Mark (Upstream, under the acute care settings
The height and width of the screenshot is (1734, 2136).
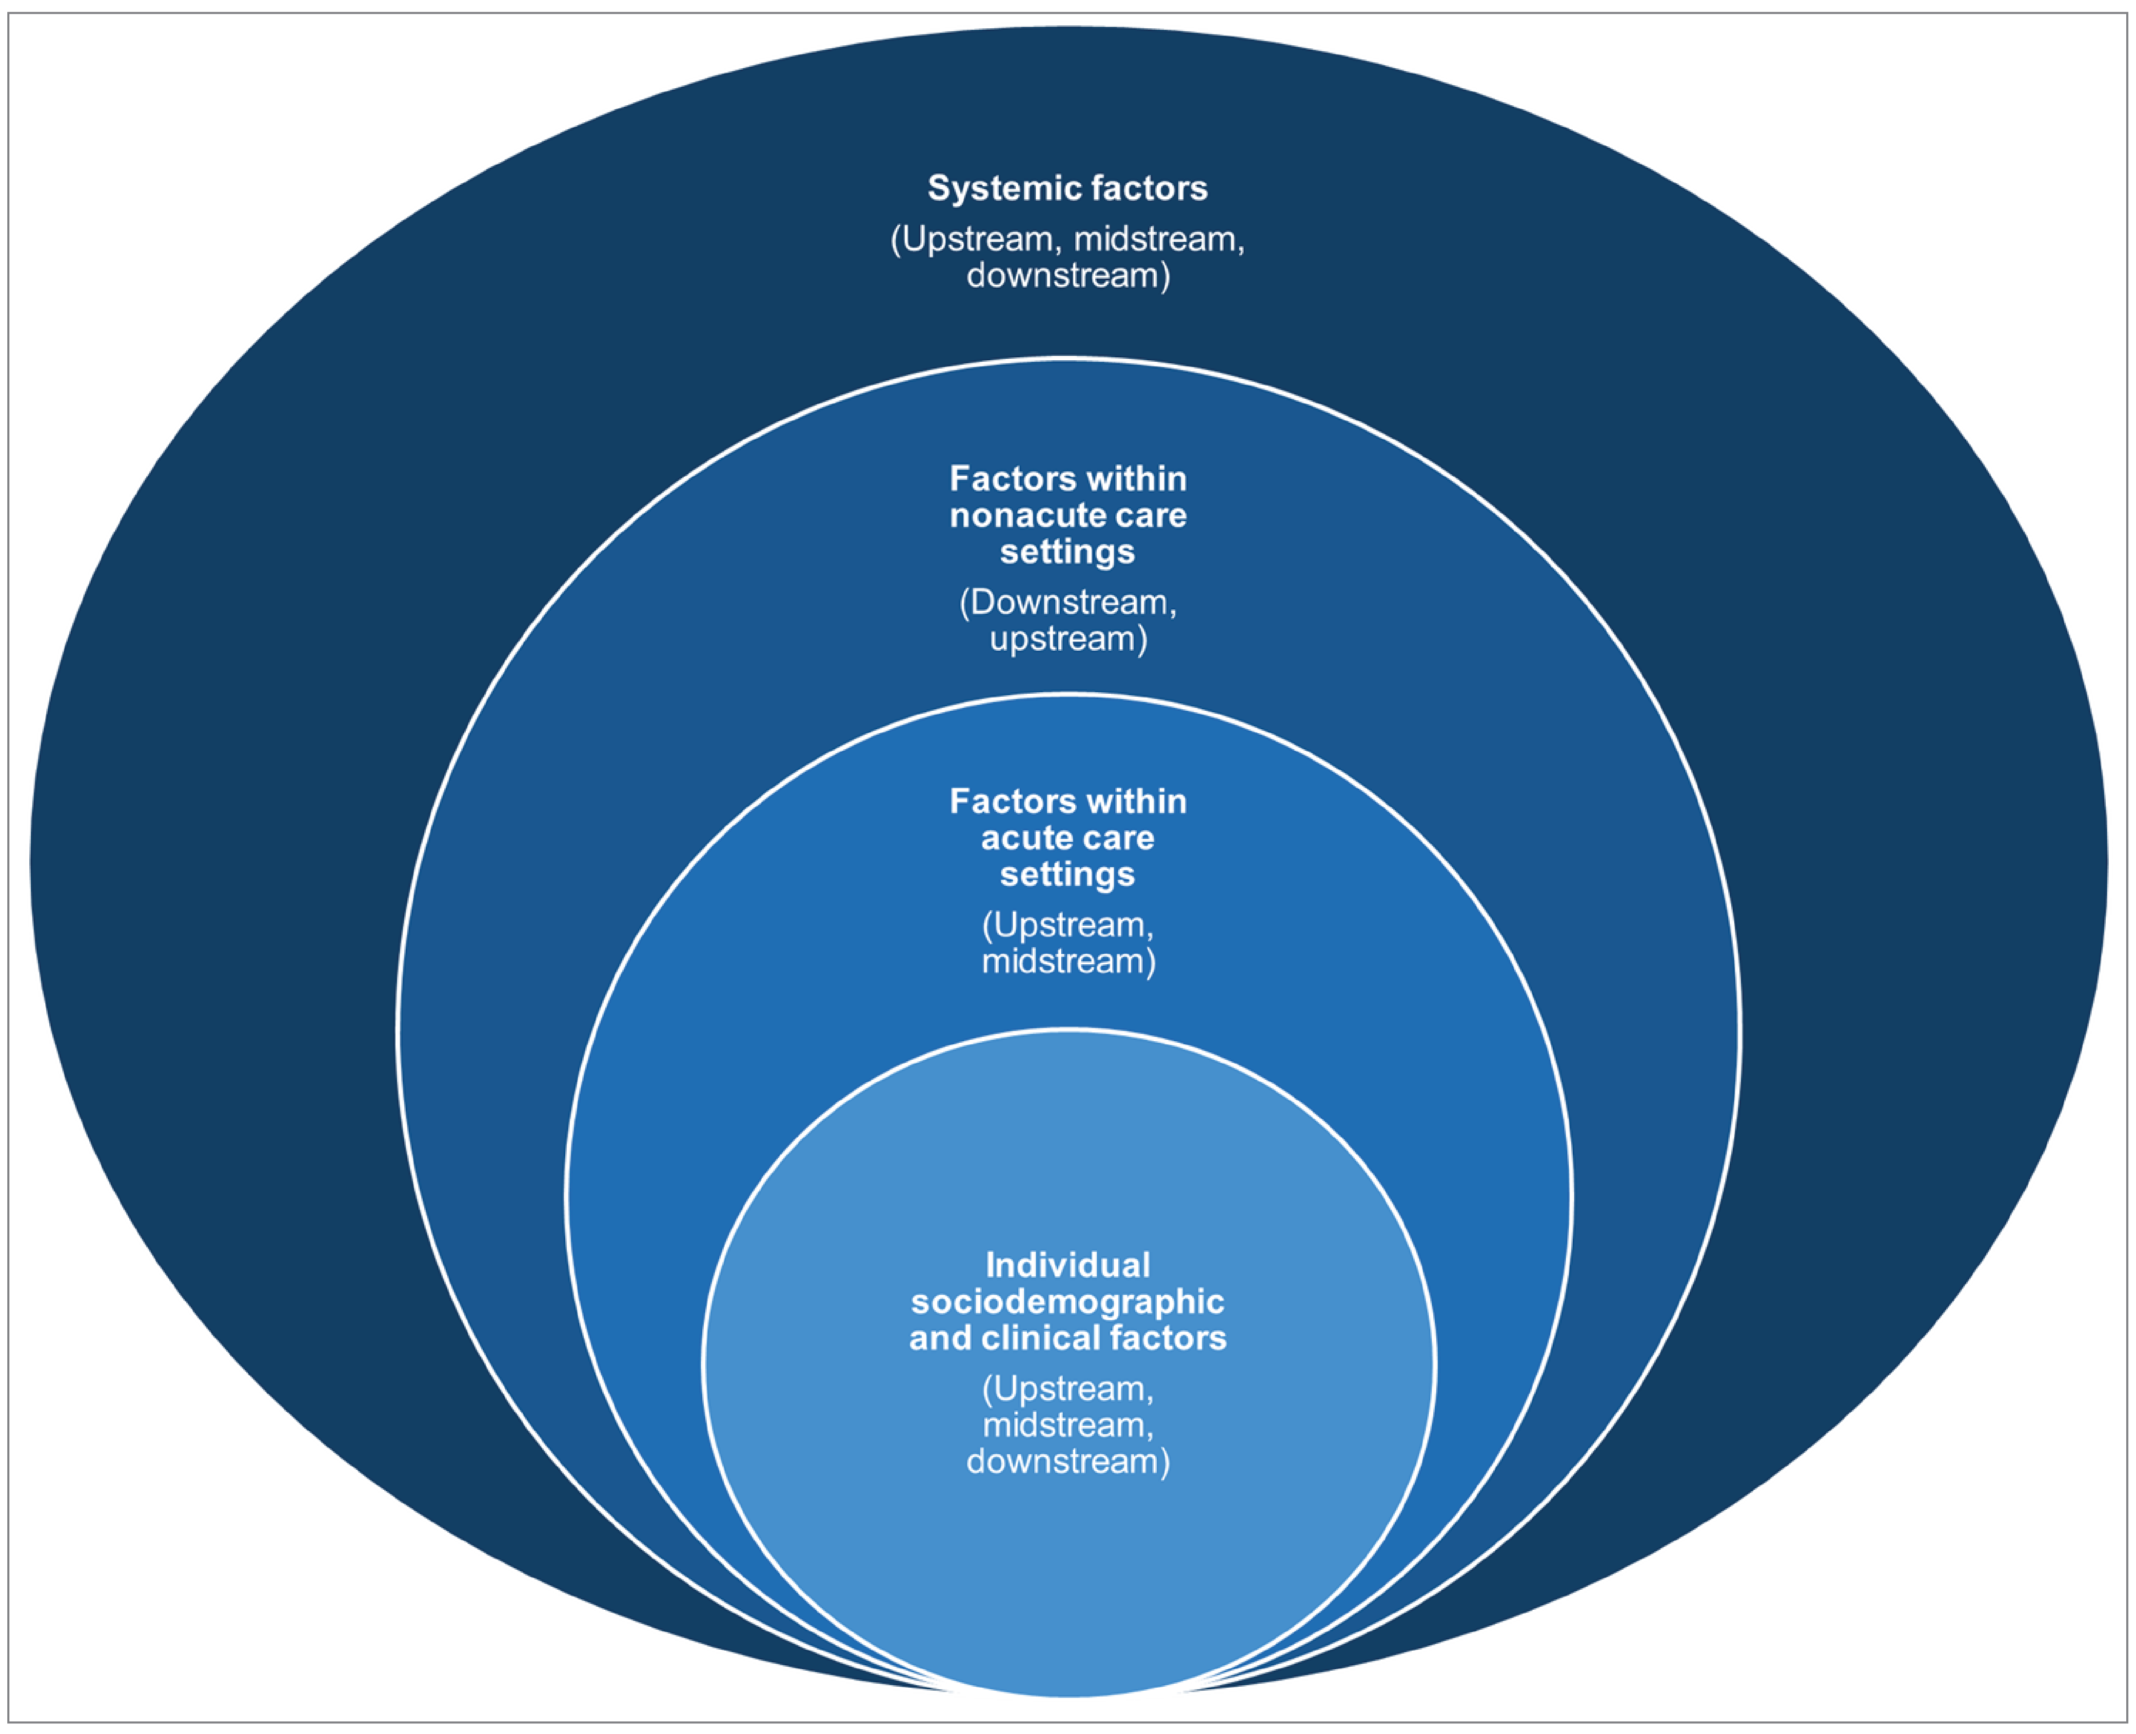point(1068,925)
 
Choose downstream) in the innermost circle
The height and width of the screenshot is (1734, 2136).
point(1068,1461)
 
